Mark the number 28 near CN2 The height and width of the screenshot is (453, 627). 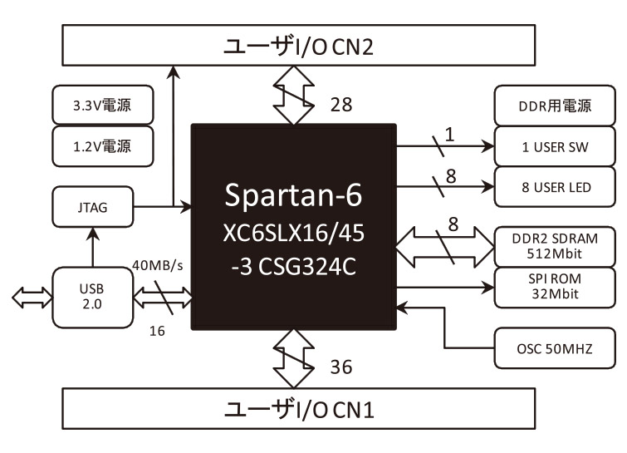tap(340, 105)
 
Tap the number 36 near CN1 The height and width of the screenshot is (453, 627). tap(340, 366)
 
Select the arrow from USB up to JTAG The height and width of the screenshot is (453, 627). tap(91, 245)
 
